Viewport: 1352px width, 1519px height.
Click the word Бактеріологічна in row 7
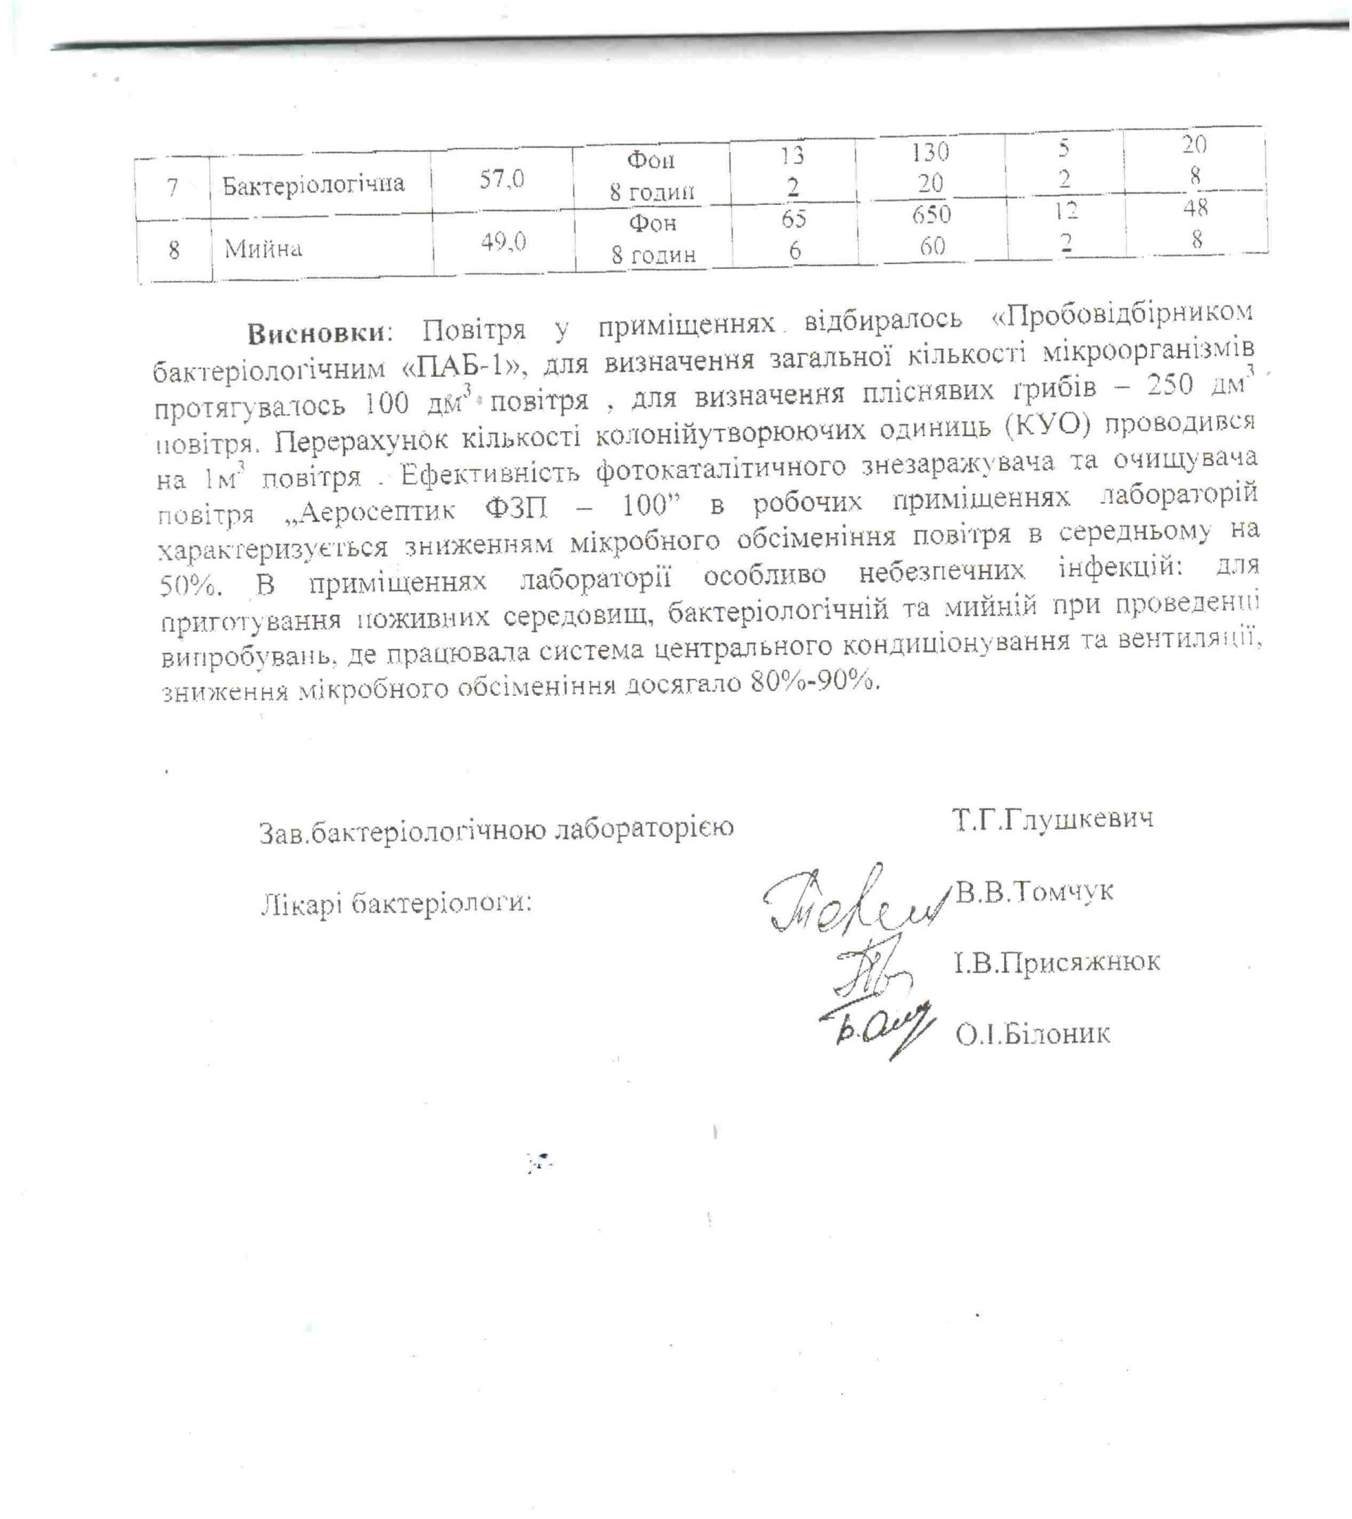click(x=313, y=184)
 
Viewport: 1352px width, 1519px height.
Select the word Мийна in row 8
click(x=263, y=247)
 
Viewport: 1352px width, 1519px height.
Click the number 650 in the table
click(x=932, y=215)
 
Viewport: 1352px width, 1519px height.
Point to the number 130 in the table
click(x=931, y=151)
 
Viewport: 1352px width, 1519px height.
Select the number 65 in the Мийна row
click(x=794, y=218)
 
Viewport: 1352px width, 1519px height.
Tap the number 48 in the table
click(x=1196, y=208)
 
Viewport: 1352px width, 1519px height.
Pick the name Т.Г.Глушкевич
click(x=1053, y=819)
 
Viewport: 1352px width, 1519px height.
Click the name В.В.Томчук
click(x=1034, y=890)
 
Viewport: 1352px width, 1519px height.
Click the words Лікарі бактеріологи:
click(x=396, y=903)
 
